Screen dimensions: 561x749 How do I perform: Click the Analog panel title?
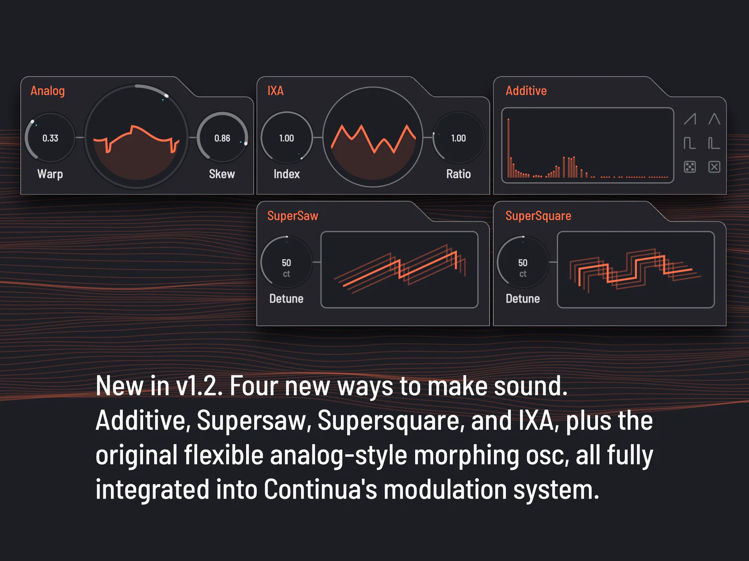pyautogui.click(x=48, y=91)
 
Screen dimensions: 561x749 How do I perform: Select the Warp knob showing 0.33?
pyautogui.click(x=50, y=138)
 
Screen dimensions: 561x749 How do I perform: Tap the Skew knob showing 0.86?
pyautogui.click(x=222, y=138)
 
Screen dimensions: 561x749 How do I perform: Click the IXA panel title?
pyautogui.click(x=275, y=91)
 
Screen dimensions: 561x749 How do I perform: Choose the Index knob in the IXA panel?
pyautogui.click(x=286, y=138)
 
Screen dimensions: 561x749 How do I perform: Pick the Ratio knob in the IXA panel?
pyautogui.click(x=458, y=138)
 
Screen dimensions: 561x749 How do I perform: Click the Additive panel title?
pyautogui.click(x=526, y=91)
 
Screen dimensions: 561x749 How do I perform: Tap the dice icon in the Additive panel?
pyautogui.click(x=690, y=167)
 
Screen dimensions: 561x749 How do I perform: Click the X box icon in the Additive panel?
pyautogui.click(x=714, y=167)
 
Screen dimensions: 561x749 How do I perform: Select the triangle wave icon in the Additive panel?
pyautogui.click(x=714, y=119)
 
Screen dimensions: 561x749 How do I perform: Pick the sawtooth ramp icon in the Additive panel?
pyautogui.click(x=690, y=119)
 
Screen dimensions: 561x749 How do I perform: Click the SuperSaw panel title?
pyautogui.click(x=293, y=216)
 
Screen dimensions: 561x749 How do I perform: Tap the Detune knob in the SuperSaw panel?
pyautogui.click(x=286, y=262)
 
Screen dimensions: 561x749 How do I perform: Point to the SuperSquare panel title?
pyautogui.click(x=538, y=216)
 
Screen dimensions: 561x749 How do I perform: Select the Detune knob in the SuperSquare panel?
pyautogui.click(x=523, y=262)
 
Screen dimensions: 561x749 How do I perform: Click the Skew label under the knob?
pyautogui.click(x=222, y=174)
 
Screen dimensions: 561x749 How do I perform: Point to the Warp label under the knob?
pyautogui.click(x=50, y=174)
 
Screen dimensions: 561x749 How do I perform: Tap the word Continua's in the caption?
pyautogui.click(x=320, y=490)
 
